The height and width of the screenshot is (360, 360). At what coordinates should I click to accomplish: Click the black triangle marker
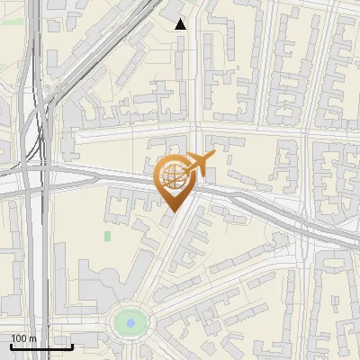[180, 24]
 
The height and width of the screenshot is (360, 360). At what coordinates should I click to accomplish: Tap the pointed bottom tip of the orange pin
[171, 211]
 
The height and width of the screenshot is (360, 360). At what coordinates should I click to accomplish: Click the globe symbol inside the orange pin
[170, 176]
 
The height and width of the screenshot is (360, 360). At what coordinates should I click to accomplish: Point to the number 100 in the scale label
[19, 338]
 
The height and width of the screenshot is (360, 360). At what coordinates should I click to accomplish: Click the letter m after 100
[33, 338]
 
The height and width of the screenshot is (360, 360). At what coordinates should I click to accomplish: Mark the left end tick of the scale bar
[11, 346]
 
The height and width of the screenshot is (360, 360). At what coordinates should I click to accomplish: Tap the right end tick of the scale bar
[72, 346]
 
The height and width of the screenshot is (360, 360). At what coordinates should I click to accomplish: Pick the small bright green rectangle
[108, 236]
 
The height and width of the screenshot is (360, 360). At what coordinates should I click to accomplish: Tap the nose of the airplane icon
[214, 159]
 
